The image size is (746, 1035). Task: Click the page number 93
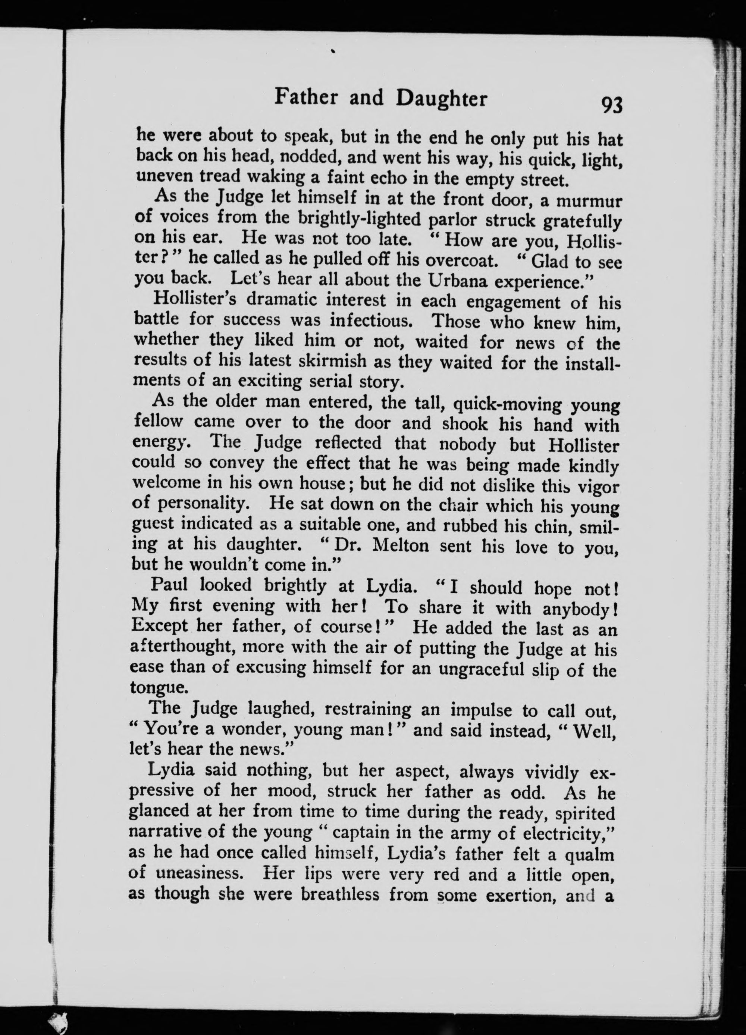pyautogui.click(x=611, y=105)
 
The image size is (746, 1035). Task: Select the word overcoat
pyautogui.click(x=460, y=260)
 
